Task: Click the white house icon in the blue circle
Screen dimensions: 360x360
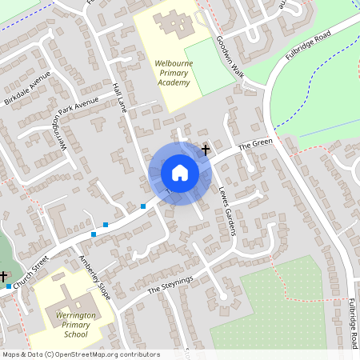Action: pyautogui.click(x=180, y=172)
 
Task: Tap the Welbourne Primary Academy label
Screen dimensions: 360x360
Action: pyautogui.click(x=172, y=72)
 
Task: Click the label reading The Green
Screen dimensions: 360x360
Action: pyautogui.click(x=256, y=144)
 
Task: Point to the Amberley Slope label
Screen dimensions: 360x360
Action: pyautogui.click(x=95, y=277)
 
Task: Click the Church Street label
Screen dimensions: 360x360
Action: pyautogui.click(x=33, y=270)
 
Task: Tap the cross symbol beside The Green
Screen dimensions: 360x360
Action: pyautogui.click(x=206, y=150)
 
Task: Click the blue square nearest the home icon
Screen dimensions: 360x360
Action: pyautogui.click(x=143, y=206)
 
